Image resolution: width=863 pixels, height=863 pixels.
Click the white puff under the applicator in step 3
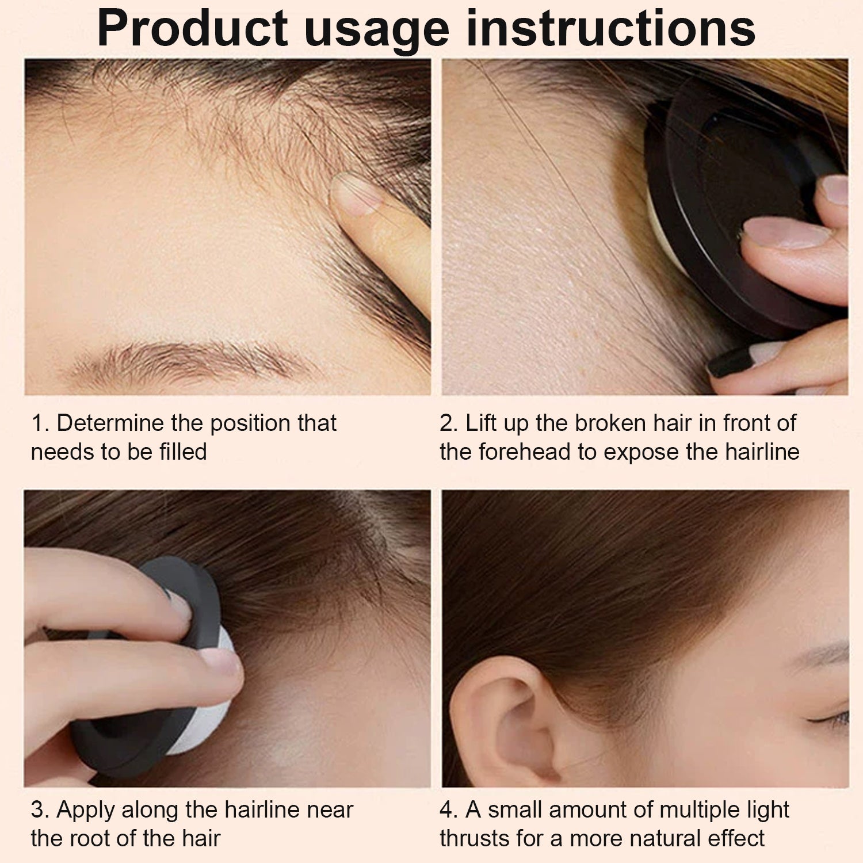207,708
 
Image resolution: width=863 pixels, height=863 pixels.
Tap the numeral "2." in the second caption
449,423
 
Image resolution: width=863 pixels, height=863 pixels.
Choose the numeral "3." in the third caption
40,810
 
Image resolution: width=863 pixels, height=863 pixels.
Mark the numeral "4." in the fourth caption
449,810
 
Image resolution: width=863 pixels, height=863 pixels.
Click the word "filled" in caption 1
183,452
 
